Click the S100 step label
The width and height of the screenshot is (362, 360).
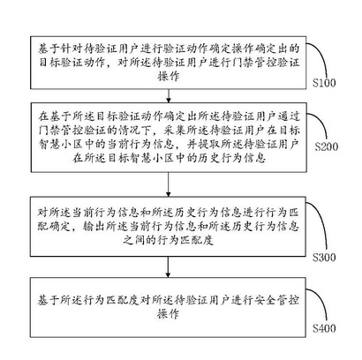[324, 83]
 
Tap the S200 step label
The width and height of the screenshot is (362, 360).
[327, 146]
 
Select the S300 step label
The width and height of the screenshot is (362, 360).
[324, 258]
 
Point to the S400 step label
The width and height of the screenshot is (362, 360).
[324, 328]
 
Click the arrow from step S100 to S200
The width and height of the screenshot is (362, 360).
[169, 95]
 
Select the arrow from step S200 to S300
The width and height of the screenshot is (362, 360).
[168, 184]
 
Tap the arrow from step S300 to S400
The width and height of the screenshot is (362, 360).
[168, 267]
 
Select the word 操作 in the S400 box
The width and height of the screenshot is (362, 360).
[169, 314]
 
